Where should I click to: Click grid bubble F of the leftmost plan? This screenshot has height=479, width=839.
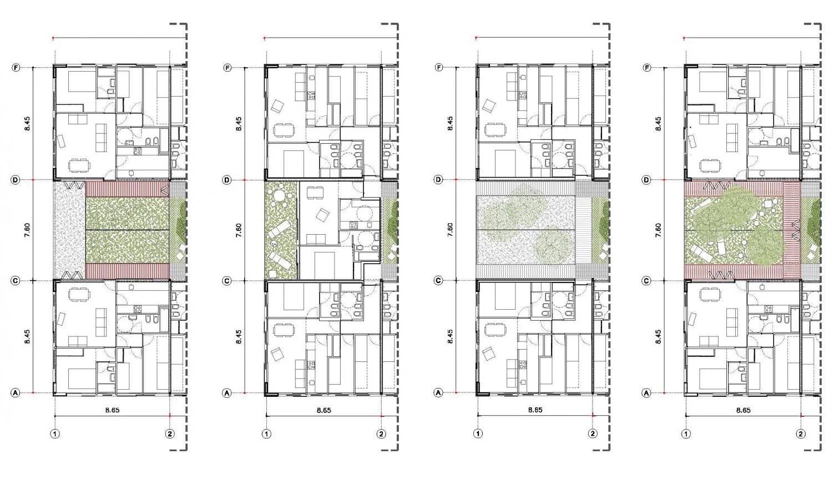16,68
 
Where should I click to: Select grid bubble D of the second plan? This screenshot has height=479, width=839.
227,180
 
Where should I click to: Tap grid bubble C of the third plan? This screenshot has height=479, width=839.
438,280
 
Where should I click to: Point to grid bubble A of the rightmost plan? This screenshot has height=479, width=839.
646,393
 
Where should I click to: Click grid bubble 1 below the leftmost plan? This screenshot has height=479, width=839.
55,434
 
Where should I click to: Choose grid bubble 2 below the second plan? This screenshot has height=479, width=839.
381,434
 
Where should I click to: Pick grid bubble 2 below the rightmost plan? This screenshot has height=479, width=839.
801,434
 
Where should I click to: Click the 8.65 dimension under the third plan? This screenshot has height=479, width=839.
535,410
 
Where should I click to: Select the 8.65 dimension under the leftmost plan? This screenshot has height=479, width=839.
112,410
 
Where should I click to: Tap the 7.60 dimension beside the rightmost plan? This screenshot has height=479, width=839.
658,230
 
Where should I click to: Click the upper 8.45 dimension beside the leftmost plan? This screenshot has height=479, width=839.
27,124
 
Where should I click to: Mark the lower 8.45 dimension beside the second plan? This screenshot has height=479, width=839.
239,336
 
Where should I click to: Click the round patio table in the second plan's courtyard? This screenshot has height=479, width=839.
279,195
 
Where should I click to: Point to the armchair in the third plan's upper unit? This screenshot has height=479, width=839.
489,105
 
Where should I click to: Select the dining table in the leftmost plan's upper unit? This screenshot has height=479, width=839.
79,165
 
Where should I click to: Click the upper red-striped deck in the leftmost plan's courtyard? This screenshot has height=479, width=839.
128,189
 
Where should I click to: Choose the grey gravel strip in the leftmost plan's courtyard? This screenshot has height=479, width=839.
70,230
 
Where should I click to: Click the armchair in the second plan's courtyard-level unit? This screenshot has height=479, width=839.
322,215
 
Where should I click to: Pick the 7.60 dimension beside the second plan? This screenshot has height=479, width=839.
239,230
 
